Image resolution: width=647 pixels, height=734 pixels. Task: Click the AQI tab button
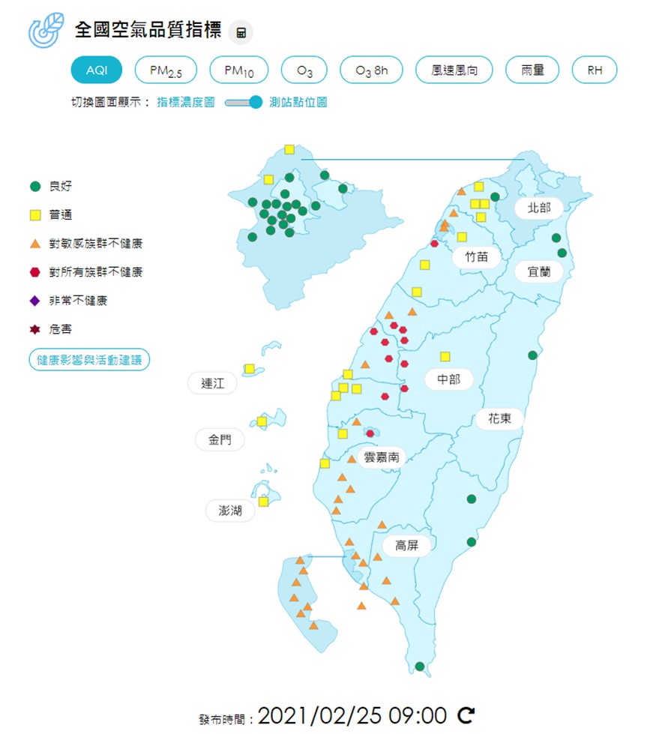pyautogui.click(x=97, y=70)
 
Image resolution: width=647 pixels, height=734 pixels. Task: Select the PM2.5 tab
pyautogui.click(x=166, y=70)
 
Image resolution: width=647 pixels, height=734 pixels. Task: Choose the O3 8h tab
pyautogui.click(x=371, y=70)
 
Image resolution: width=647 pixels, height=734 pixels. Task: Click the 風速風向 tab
pyautogui.click(x=454, y=70)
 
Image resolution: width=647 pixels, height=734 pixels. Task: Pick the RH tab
pyautogui.click(x=595, y=70)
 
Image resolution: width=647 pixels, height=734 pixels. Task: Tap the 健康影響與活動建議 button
pyautogui.click(x=89, y=360)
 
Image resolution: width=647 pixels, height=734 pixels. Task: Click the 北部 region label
pyautogui.click(x=539, y=208)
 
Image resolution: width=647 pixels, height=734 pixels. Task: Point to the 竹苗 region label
pyautogui.click(x=476, y=256)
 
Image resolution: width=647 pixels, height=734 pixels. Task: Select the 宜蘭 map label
pyautogui.click(x=539, y=271)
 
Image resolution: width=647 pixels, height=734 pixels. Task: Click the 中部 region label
pyautogui.click(x=448, y=379)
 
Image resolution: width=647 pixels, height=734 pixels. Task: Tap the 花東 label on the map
pyautogui.click(x=499, y=418)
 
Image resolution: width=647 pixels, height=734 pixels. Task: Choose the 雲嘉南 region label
pyautogui.click(x=382, y=457)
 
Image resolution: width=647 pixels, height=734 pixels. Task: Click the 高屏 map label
pyautogui.click(x=406, y=545)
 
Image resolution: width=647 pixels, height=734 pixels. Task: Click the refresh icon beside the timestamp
pyautogui.click(x=466, y=715)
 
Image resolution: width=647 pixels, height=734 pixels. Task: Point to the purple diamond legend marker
pyautogui.click(x=34, y=301)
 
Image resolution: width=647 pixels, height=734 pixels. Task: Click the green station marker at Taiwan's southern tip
pyautogui.click(x=420, y=666)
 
